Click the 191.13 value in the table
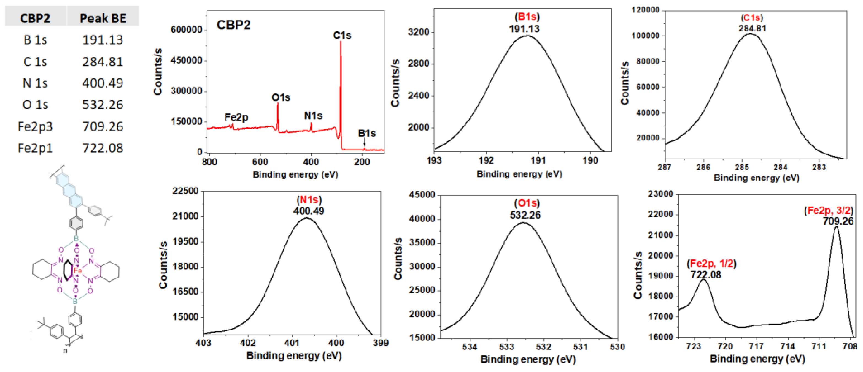pyautogui.click(x=103, y=40)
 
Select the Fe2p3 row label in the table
pyautogui.click(x=35, y=127)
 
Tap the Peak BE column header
pyautogui.click(x=103, y=18)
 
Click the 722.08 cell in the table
pyautogui.click(x=103, y=148)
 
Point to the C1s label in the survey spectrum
pyautogui.click(x=342, y=35)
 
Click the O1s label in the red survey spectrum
pyautogui.click(x=281, y=97)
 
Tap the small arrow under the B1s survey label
pyautogui.click(x=364, y=143)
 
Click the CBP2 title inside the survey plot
pyautogui.click(x=233, y=25)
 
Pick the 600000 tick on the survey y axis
pyautogui.click(x=186, y=30)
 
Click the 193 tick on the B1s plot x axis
pyautogui.click(x=434, y=160)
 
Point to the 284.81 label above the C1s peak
pyautogui.click(x=753, y=28)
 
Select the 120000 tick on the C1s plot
pyautogui.click(x=645, y=10)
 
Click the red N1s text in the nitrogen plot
pyautogui.click(x=309, y=200)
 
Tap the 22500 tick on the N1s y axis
pyautogui.click(x=185, y=191)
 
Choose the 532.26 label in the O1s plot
pyautogui.click(x=525, y=215)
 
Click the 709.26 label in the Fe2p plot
pyautogui.click(x=838, y=221)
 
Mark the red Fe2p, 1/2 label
pyautogui.click(x=711, y=264)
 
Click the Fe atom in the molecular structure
pyautogui.click(x=77, y=271)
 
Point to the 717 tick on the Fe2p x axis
pyautogui.click(x=756, y=346)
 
